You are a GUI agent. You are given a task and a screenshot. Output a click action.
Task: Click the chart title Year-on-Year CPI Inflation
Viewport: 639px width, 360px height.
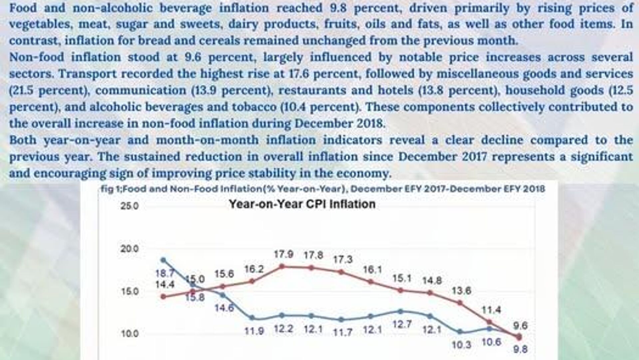click(x=302, y=204)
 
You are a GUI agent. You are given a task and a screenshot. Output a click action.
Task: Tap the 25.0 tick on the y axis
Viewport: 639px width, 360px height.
click(x=129, y=206)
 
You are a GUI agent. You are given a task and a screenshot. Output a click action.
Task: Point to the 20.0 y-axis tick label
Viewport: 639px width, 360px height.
click(x=129, y=249)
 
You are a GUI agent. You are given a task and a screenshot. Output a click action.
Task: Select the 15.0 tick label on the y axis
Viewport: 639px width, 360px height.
click(x=129, y=291)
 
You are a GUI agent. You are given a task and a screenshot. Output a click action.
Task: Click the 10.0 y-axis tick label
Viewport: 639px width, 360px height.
click(x=129, y=334)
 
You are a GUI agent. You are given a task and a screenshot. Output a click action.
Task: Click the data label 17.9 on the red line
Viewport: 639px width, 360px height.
click(x=284, y=255)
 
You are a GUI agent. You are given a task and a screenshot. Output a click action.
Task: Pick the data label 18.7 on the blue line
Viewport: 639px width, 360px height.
click(x=165, y=273)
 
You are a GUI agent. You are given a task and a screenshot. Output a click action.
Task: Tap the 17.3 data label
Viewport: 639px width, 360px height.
click(x=343, y=259)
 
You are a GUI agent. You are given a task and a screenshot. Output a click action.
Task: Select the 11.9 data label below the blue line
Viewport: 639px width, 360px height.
click(x=254, y=331)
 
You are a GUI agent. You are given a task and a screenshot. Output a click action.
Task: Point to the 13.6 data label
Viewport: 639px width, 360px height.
click(x=461, y=291)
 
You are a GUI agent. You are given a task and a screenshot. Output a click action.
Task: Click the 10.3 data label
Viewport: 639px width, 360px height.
click(x=461, y=345)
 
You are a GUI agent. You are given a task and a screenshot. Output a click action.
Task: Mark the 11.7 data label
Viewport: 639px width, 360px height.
click(x=343, y=332)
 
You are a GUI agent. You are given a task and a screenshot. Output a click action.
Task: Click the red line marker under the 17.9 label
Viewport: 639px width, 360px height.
click(x=282, y=266)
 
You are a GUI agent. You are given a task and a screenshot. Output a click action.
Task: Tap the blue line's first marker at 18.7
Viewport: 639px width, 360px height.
click(x=163, y=260)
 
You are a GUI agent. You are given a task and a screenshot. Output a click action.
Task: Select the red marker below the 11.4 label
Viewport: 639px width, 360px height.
click(x=489, y=322)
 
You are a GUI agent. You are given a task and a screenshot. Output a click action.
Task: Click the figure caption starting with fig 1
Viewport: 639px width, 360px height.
click(x=322, y=189)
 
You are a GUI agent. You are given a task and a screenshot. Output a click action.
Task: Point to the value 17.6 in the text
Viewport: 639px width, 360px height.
click(x=296, y=74)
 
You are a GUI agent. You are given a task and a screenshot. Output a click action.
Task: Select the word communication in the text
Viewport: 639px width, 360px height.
click(x=141, y=90)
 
